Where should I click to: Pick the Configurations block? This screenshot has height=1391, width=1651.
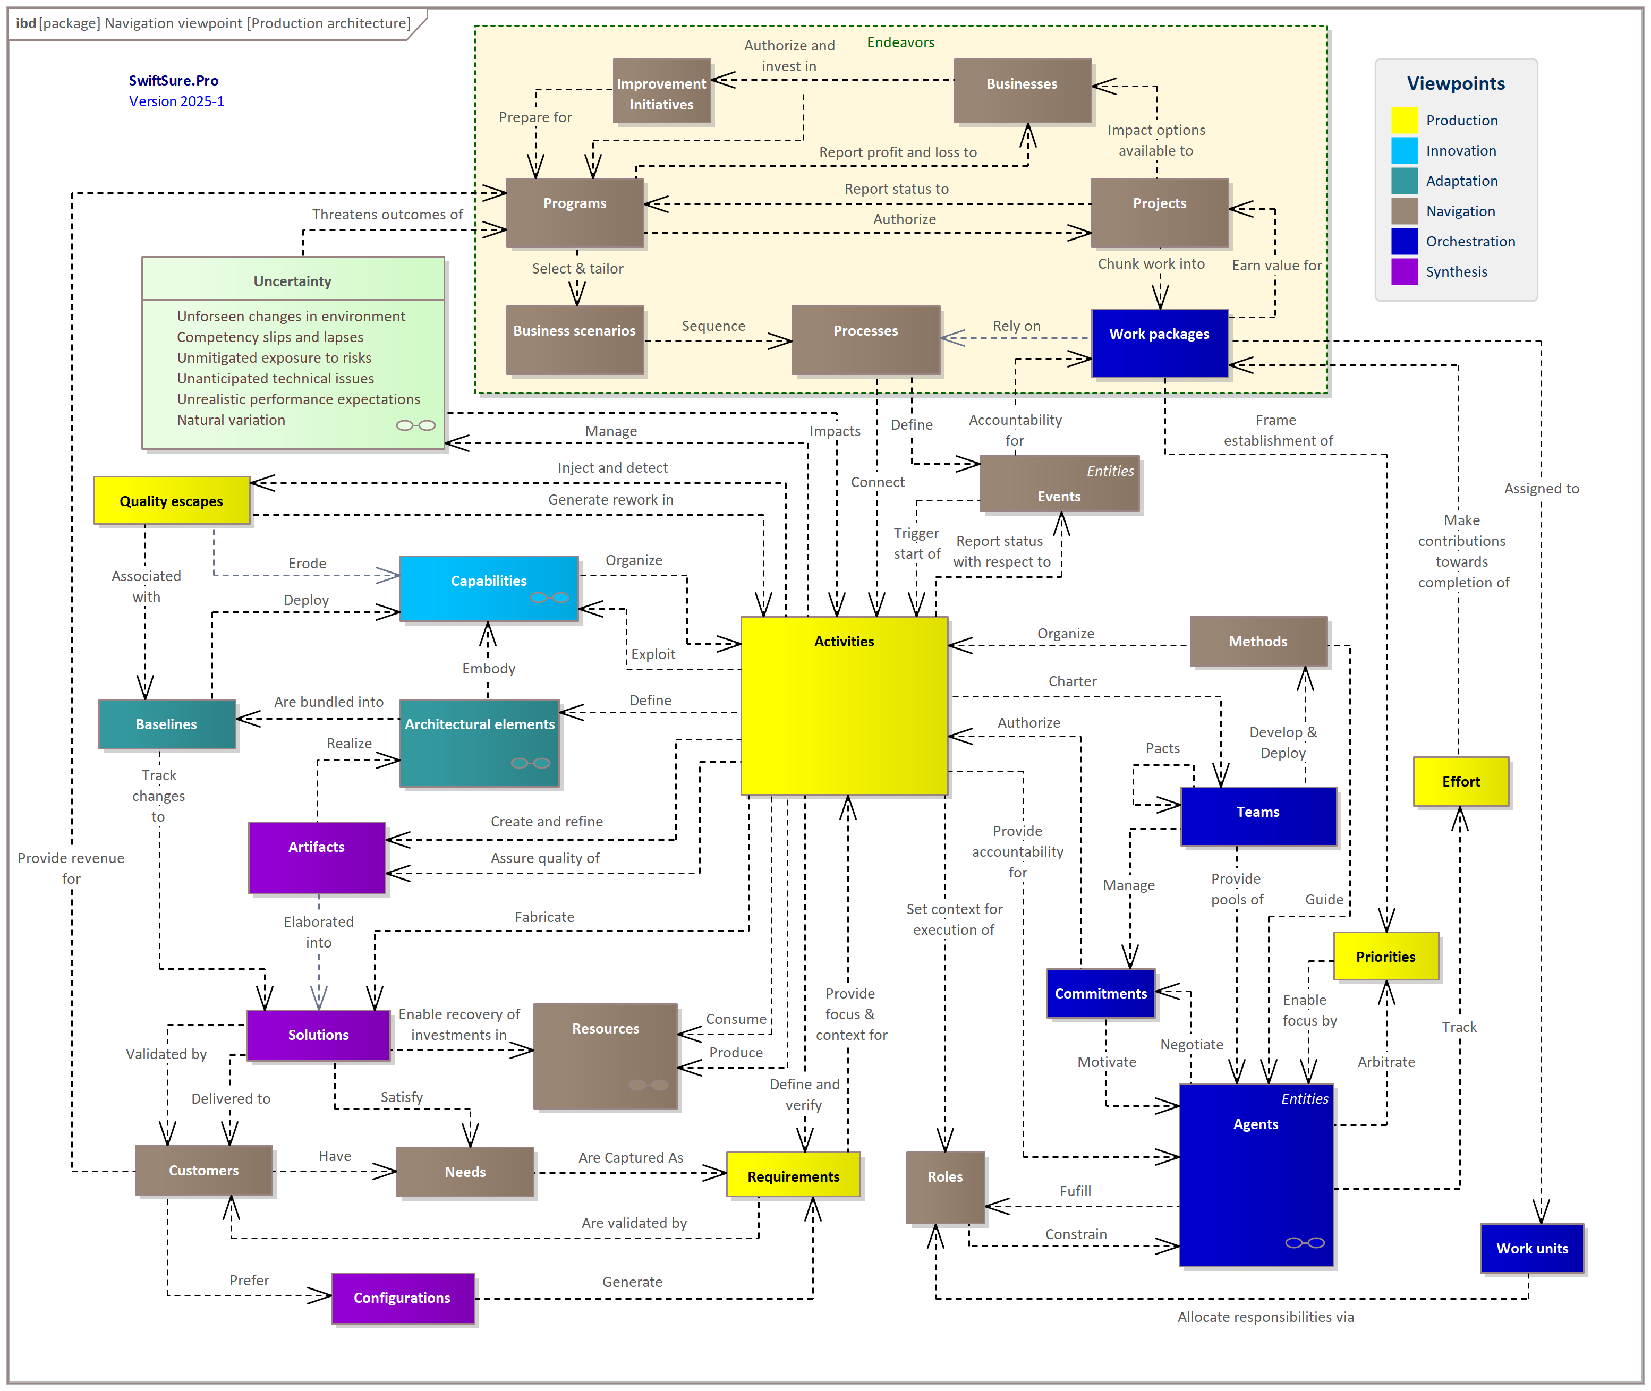402,1297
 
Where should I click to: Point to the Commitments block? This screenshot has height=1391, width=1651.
1101,993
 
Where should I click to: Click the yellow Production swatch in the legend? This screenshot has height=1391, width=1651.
1403,120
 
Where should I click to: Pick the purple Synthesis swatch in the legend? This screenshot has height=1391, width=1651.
1403,271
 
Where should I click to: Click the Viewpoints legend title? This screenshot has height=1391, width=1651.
1456,83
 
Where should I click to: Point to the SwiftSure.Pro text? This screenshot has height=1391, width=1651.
174,80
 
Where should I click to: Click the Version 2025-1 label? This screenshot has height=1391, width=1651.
177,101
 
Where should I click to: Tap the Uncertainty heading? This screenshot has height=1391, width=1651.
292,281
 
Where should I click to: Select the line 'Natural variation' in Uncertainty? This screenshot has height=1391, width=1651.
231,420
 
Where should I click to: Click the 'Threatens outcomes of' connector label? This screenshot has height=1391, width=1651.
387,215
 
